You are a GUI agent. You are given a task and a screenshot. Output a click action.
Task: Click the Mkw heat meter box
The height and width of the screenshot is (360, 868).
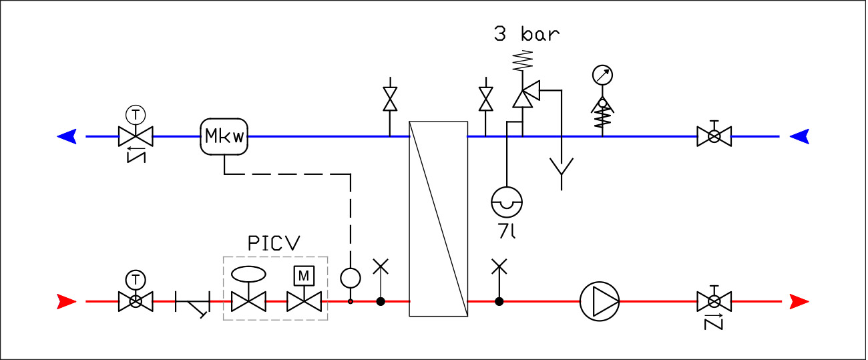point(224,137)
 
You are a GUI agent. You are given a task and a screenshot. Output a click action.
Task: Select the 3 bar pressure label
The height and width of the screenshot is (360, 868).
point(526,34)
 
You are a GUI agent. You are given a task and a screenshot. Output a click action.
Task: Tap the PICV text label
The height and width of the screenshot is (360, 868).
point(274,244)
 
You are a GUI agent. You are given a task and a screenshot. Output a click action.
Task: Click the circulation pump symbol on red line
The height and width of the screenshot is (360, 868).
point(599,301)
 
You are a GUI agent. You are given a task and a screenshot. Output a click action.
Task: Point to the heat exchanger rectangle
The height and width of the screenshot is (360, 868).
point(438,218)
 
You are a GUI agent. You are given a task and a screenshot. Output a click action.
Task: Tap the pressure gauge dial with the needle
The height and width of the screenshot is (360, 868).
point(602,75)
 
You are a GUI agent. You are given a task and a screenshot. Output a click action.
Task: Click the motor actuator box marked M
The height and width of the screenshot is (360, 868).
point(304,275)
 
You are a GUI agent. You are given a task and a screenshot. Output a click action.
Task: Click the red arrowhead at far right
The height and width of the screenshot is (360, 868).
point(799,302)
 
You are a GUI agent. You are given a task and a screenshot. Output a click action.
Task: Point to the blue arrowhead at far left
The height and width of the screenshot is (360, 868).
point(67,137)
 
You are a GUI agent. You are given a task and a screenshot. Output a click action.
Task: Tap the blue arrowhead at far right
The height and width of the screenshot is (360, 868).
point(800,137)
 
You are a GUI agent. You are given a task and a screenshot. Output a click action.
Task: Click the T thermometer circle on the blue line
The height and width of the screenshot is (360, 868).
point(136,113)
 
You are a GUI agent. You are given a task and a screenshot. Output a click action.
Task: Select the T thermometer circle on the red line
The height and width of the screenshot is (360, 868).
point(136,278)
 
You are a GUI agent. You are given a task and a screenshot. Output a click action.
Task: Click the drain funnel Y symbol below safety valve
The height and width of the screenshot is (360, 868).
point(562,169)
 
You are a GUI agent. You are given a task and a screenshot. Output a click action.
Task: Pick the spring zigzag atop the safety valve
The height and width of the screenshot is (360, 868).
point(523,61)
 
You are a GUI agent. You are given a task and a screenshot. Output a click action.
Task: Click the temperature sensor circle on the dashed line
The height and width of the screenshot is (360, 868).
point(351,277)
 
